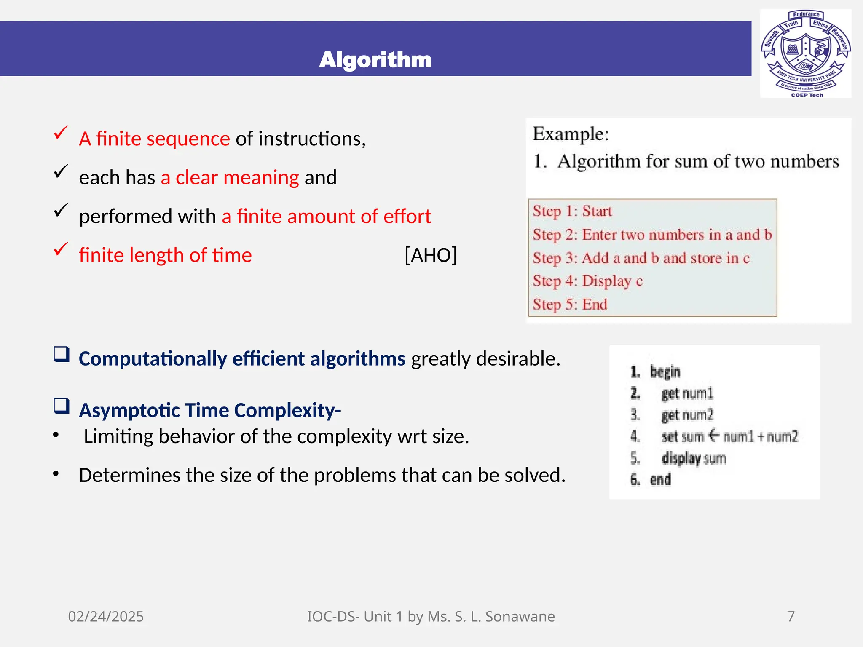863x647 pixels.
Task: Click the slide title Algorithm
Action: click(x=375, y=60)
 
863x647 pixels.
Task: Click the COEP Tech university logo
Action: click(x=805, y=53)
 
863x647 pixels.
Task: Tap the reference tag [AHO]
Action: click(x=430, y=255)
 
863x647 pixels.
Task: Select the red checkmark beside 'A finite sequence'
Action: click(x=61, y=133)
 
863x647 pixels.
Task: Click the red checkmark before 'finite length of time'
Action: click(x=61, y=249)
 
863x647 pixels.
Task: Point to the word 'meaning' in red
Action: click(x=261, y=177)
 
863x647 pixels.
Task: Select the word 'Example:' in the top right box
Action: click(x=571, y=134)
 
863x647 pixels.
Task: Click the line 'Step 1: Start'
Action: click(x=572, y=211)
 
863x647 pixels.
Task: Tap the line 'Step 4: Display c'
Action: click(x=587, y=281)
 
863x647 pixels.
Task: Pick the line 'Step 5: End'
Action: click(x=570, y=304)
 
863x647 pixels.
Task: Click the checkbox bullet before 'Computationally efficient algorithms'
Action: click(x=62, y=354)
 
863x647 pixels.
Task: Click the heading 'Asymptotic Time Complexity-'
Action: click(x=210, y=410)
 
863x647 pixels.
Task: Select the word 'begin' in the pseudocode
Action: click(x=665, y=372)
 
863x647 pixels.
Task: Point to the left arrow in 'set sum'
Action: click(x=713, y=436)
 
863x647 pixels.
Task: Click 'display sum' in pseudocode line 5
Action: click(x=694, y=458)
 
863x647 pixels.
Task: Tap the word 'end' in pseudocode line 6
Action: click(x=660, y=479)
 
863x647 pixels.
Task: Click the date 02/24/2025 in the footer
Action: click(x=106, y=616)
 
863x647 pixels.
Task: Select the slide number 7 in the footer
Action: click(x=791, y=616)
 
